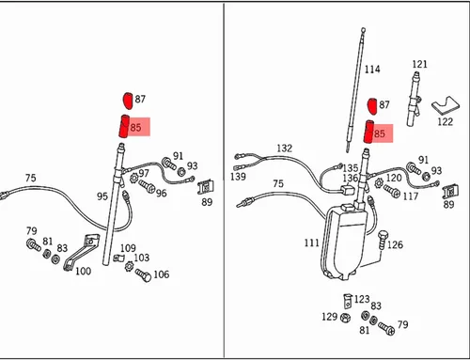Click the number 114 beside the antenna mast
[372, 70]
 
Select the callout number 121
[419, 64]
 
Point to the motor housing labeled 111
[343, 242]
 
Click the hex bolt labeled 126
[383, 240]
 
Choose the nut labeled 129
[344, 318]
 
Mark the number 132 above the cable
[284, 148]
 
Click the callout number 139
[238, 177]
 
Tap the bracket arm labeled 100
[82, 252]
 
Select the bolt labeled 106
[143, 275]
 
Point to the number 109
[128, 248]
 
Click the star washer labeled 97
[134, 179]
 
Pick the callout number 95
[102, 196]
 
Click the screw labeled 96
[147, 186]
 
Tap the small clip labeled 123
[348, 301]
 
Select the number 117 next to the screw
[411, 196]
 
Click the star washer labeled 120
[380, 182]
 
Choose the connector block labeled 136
[346, 189]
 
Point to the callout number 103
[142, 258]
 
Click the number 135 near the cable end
[351, 168]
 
